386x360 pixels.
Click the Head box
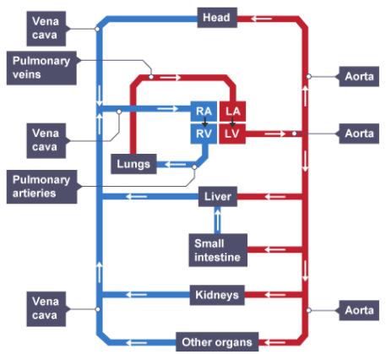[x=217, y=18]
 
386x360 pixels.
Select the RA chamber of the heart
[x=204, y=112]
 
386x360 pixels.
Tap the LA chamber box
[x=232, y=112]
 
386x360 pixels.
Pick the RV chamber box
[x=204, y=134]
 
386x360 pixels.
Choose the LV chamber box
[x=232, y=134]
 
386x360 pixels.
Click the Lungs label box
[x=133, y=164]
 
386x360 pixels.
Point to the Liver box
[x=218, y=196]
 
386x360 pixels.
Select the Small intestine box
[x=218, y=250]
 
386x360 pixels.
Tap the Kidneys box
[x=217, y=295]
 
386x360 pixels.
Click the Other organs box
[x=217, y=342]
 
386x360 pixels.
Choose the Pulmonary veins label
[x=41, y=68]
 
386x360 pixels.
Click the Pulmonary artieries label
[x=41, y=187]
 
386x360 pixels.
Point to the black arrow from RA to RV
[x=205, y=122]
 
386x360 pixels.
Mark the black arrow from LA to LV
[x=232, y=122]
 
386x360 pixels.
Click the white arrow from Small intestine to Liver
[x=217, y=220]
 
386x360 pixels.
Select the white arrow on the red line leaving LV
[x=275, y=134]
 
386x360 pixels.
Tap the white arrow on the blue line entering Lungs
[x=175, y=164]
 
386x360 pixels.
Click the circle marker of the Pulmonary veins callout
[x=151, y=77]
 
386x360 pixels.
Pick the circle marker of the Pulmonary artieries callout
[x=194, y=167]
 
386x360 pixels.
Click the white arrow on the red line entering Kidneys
[x=275, y=295]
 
